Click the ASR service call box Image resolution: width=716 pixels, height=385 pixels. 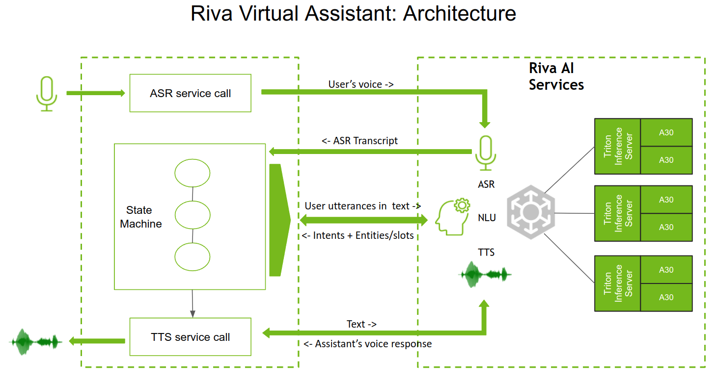click(x=190, y=93)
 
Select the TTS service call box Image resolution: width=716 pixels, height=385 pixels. click(x=190, y=337)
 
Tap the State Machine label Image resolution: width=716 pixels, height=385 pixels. click(x=140, y=217)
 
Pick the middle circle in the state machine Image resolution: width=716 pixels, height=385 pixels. click(x=193, y=215)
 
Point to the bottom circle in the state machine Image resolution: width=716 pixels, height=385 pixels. click(x=193, y=257)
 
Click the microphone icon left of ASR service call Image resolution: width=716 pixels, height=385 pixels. click(x=47, y=93)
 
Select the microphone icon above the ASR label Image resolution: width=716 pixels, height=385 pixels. click(x=485, y=153)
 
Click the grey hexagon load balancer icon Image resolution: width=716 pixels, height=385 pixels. click(x=531, y=212)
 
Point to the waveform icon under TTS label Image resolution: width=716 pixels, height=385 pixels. click(x=485, y=274)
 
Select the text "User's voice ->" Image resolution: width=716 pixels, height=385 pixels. click(x=361, y=84)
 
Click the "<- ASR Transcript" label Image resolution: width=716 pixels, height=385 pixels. click(x=359, y=141)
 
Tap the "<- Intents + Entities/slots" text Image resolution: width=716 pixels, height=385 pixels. click(x=358, y=235)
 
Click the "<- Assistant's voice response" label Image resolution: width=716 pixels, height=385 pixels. click(x=367, y=344)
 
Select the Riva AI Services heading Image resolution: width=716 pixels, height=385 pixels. click(x=556, y=76)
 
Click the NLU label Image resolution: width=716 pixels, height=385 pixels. click(x=487, y=217)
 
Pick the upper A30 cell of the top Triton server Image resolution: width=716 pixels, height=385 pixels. click(x=666, y=132)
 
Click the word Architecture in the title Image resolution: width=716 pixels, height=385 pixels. click(x=459, y=13)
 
